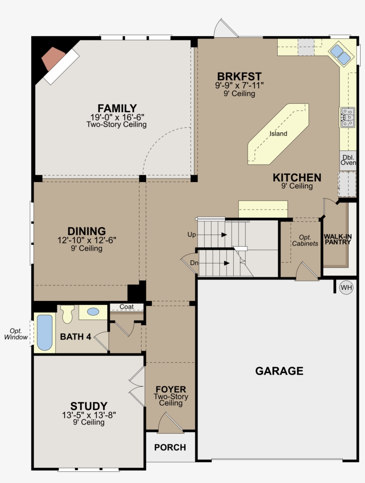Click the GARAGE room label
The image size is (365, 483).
(279, 371)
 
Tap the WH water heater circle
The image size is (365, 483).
(346, 288)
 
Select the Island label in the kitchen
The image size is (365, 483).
(278, 134)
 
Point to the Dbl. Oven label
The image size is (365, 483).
(348, 160)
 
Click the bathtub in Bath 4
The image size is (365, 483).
(44, 333)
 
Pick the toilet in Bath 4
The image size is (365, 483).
(67, 314)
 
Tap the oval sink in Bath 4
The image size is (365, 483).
(93, 312)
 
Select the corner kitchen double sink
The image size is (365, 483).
(340, 54)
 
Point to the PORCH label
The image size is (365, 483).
(170, 447)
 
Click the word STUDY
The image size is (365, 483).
(89, 406)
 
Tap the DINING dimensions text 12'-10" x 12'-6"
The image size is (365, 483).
(87, 240)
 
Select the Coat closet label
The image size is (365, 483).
(126, 307)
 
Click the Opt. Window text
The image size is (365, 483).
(16, 334)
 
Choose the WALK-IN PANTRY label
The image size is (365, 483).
(337, 239)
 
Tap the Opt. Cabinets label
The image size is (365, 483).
(305, 240)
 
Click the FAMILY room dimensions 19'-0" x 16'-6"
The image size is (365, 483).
(117, 117)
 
